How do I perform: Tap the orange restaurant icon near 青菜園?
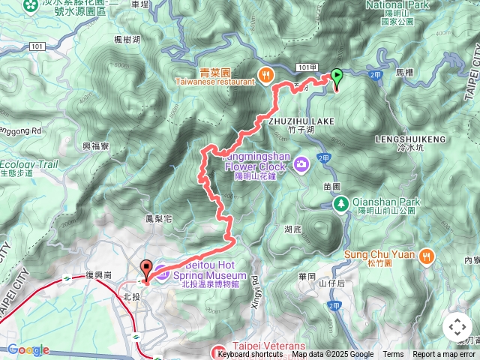point(265,73)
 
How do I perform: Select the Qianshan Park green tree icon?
point(340,203)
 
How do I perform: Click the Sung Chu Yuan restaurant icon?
point(426,255)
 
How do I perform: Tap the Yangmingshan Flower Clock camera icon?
point(301,163)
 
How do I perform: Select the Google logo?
point(28,349)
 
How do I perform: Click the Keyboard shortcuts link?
point(250,355)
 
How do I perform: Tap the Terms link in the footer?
point(393,355)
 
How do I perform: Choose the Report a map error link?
point(445,355)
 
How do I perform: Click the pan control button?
point(457,327)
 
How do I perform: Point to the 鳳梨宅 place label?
point(160,219)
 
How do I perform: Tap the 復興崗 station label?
point(98,276)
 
